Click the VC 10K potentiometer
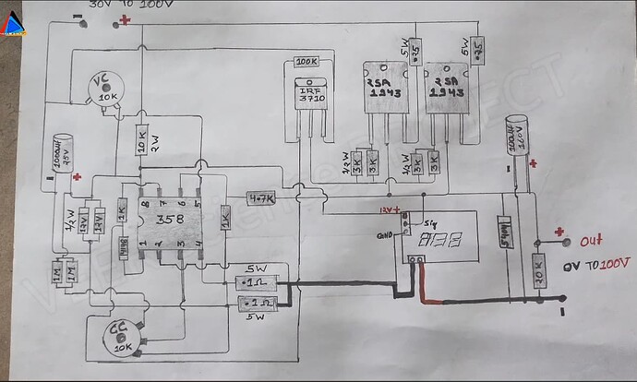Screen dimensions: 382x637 pos(109,90)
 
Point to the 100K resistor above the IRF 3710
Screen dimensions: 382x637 pos(306,62)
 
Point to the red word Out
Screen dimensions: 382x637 pos(591,241)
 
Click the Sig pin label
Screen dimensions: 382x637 pos(428,222)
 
